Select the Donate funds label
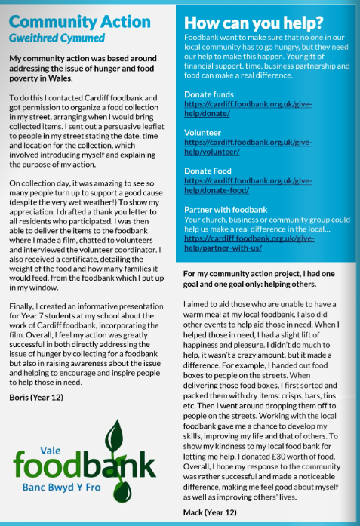(x=208, y=95)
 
